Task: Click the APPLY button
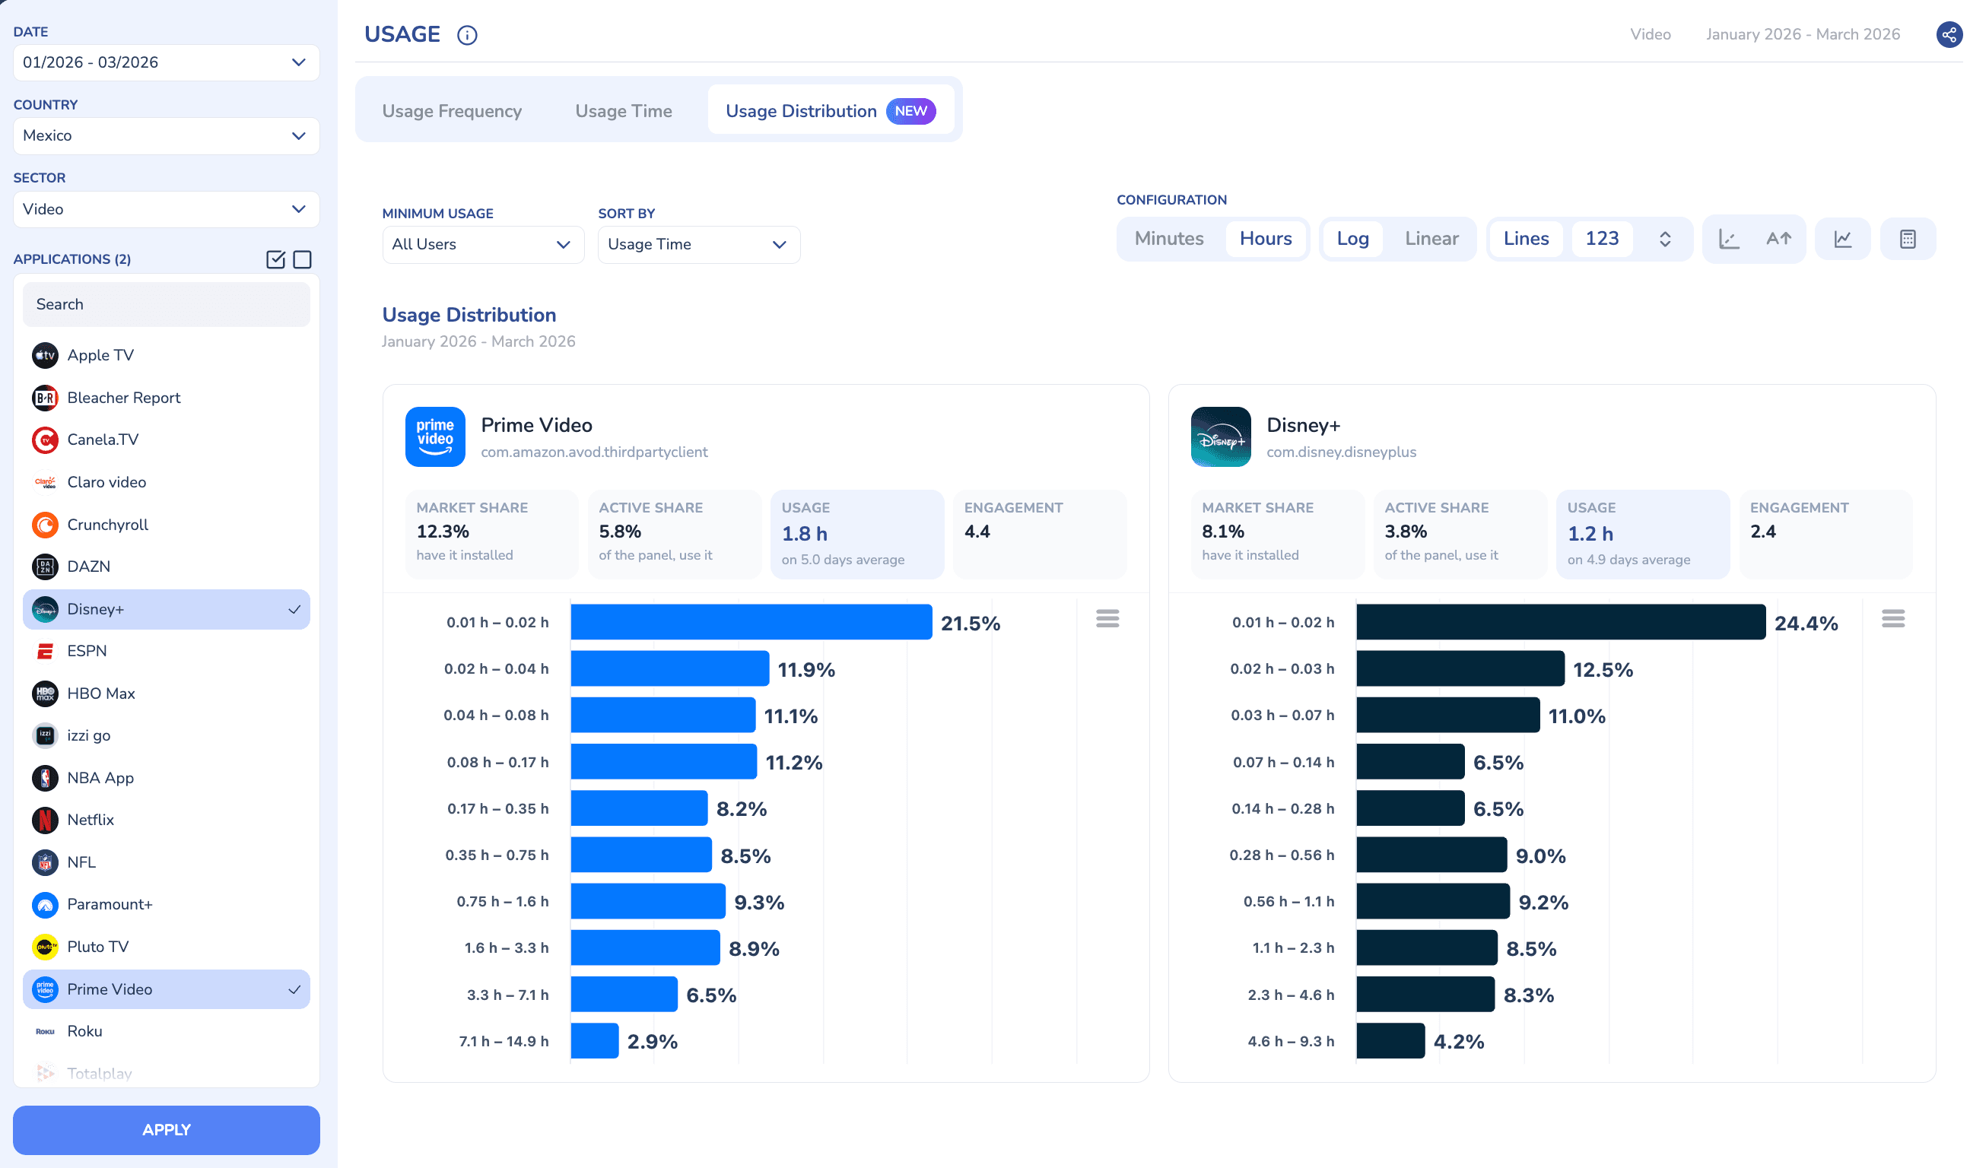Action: point(166,1129)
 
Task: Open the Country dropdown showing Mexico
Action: point(166,135)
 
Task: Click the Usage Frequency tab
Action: point(452,111)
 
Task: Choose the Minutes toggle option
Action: point(1169,239)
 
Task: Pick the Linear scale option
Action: point(1431,239)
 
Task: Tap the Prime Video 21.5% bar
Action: point(751,623)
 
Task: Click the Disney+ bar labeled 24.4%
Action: point(1560,623)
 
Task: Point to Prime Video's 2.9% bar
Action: point(594,1041)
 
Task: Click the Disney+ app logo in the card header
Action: point(1220,436)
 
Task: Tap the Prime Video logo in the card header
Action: point(435,436)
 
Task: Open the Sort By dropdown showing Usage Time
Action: point(699,245)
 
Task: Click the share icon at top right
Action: point(1949,35)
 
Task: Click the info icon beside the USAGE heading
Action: point(467,36)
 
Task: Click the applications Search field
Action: point(166,305)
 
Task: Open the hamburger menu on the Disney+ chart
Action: point(1893,619)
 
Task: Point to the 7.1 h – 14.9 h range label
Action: point(504,1041)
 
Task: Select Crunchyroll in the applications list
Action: point(108,525)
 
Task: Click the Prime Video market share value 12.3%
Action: point(443,532)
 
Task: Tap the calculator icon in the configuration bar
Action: point(1907,240)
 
